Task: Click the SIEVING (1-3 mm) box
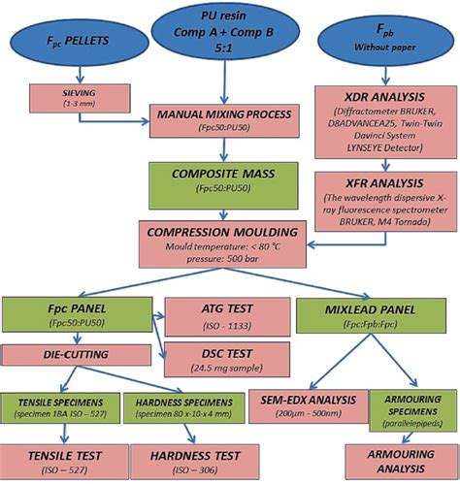(x=73, y=97)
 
